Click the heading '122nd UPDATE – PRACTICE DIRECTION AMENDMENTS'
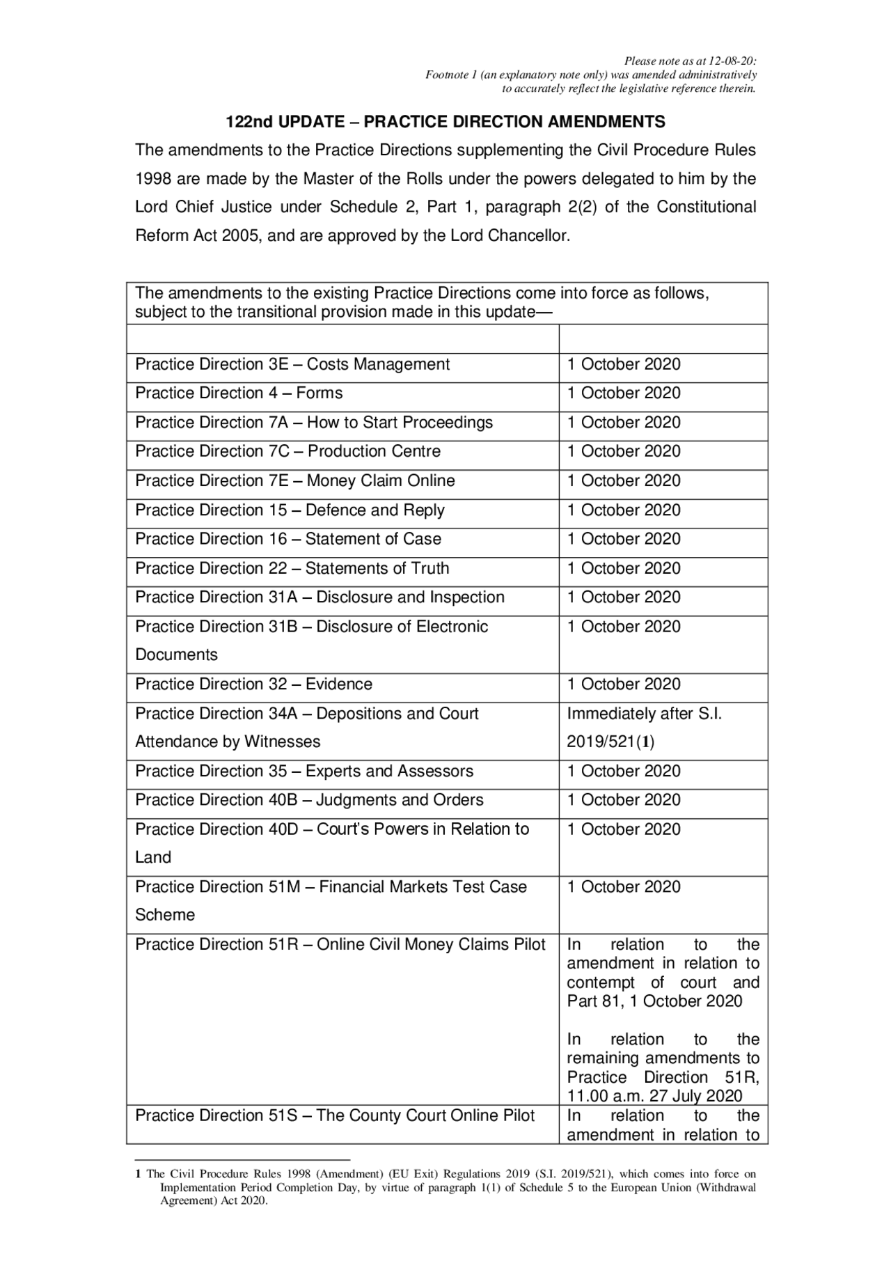pyautogui.click(x=445, y=122)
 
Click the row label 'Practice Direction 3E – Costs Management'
pyautogui.click(x=292, y=364)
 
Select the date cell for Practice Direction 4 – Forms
pyautogui.click(x=624, y=393)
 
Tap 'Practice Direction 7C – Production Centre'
pyautogui.click(x=287, y=451)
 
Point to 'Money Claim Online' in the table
pyautogui.click(x=381, y=480)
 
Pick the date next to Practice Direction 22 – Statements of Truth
pyautogui.click(x=624, y=568)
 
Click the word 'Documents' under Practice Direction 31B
pyautogui.click(x=176, y=655)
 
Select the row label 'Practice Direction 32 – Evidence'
pyautogui.click(x=253, y=684)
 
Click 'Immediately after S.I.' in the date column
pyautogui.click(x=644, y=714)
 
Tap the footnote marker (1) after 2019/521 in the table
pyautogui.click(x=645, y=742)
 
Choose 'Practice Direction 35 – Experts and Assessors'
pyautogui.click(x=304, y=771)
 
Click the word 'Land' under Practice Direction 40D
pyautogui.click(x=153, y=857)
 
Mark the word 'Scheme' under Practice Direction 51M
pyautogui.click(x=164, y=915)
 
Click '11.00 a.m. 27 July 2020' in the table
pyautogui.click(x=654, y=1096)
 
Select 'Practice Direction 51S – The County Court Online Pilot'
pyautogui.click(x=335, y=1115)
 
